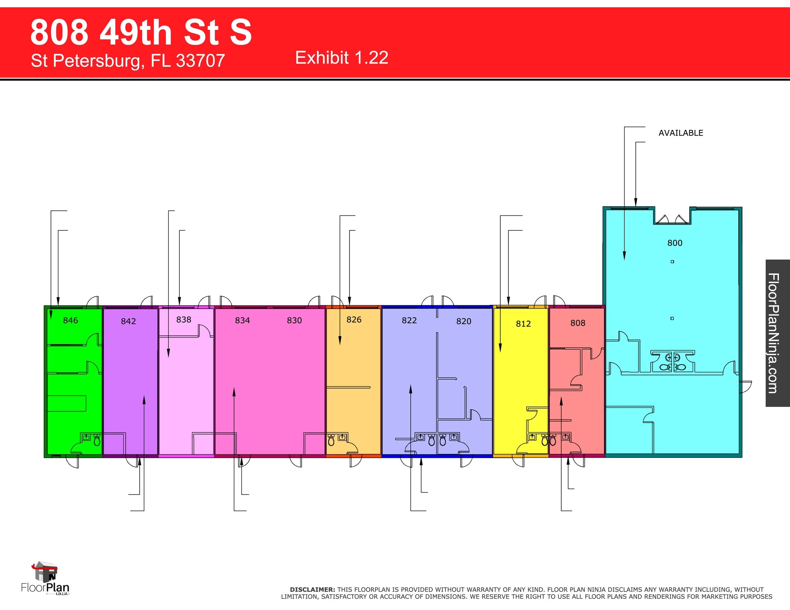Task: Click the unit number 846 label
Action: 70,320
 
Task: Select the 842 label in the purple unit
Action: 128,321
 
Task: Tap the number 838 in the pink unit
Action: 184,319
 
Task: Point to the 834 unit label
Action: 242,320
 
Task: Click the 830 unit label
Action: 294,320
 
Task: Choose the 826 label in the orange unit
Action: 354,319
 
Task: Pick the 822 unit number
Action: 409,320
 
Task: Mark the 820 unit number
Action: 464,321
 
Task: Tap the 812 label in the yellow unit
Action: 523,324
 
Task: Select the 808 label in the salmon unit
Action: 577,323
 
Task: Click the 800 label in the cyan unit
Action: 675,243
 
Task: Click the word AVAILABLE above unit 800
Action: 680,133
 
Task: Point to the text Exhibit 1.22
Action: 341,58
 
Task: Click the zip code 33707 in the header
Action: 200,60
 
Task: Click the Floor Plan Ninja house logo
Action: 46,572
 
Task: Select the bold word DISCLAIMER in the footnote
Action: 312,590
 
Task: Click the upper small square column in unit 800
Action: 672,262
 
